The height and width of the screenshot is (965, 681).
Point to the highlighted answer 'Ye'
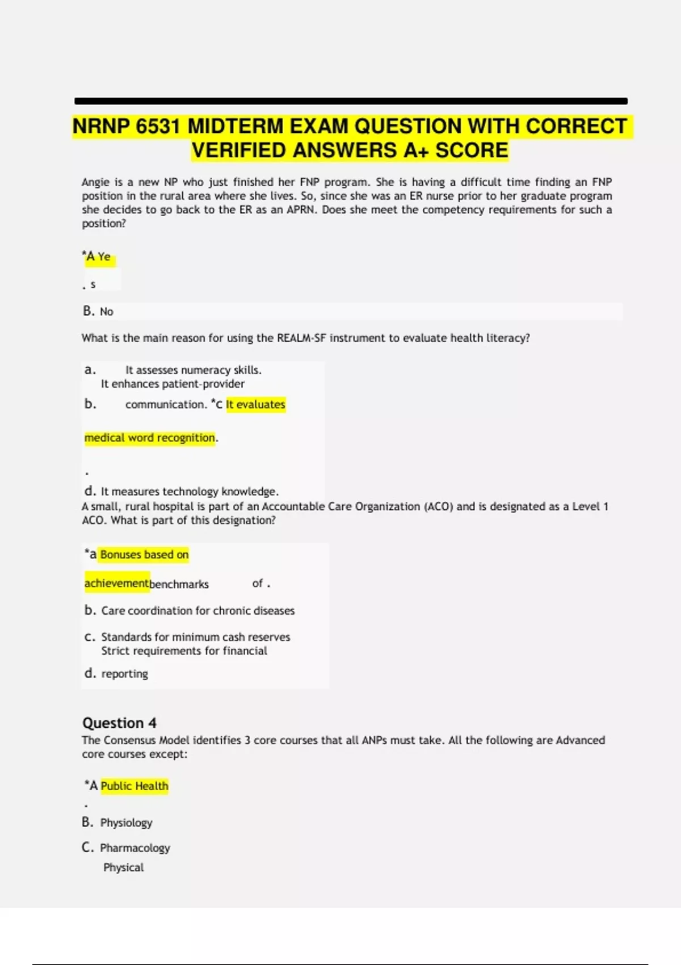click(104, 257)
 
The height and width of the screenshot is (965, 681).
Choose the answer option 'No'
click(106, 312)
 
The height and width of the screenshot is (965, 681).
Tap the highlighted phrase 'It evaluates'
click(255, 405)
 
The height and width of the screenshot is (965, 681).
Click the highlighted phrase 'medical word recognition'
click(150, 438)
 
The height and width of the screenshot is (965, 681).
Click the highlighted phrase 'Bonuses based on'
click(144, 555)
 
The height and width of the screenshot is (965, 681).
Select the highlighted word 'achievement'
click(116, 584)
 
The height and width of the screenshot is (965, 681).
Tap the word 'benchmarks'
click(179, 584)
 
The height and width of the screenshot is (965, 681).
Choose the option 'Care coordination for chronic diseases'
click(197, 611)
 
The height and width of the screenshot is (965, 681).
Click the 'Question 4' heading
click(119, 723)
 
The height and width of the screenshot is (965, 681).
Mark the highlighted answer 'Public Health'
click(134, 786)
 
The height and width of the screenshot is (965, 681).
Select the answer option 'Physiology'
click(126, 823)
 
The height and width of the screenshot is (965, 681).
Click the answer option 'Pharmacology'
click(135, 848)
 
